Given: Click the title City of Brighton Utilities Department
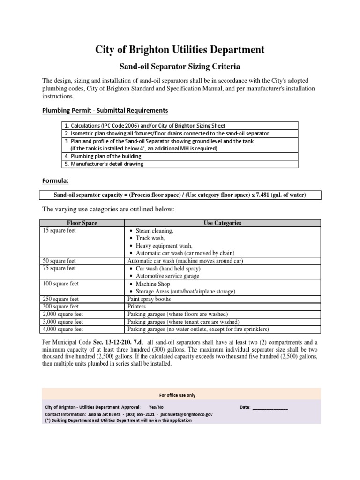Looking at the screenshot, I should point(180,49).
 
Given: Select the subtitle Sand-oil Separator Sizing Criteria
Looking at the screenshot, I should point(180,67).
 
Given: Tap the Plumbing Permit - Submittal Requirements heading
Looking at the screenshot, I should point(105,110).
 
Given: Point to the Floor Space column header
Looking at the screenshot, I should point(82,223).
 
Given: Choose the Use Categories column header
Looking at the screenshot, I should point(222,223).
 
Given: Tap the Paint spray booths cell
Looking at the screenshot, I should point(149,299).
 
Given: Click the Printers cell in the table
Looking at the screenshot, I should point(136,307).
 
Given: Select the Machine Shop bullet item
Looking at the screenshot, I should point(153,284).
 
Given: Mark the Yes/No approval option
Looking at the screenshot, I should point(156,407).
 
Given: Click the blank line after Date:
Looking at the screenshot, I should point(270,408).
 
